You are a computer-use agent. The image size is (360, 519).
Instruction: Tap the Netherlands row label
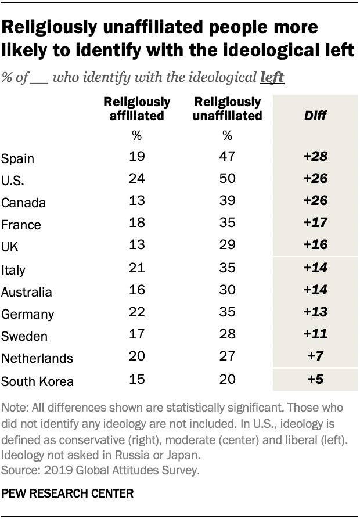tap(37, 358)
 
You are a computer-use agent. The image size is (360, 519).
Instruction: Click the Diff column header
tap(315, 116)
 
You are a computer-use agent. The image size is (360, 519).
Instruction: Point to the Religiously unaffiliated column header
tap(228, 109)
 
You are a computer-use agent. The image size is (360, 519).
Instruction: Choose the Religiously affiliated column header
tap(136, 109)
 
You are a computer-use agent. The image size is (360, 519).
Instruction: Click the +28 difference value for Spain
tap(315, 157)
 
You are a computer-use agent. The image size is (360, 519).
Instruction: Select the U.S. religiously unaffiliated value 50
tap(228, 179)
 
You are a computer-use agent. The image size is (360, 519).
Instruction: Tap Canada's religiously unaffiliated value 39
tap(228, 201)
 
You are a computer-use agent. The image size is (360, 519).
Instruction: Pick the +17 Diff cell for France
tap(315, 223)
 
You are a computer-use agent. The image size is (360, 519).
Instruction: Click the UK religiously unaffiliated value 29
tap(228, 245)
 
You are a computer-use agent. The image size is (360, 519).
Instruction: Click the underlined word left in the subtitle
tap(272, 77)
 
